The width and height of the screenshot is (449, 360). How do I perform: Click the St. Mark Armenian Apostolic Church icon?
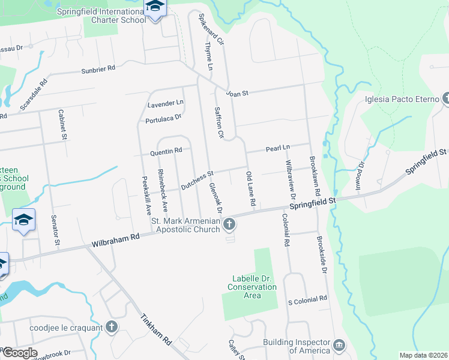(x=229, y=225)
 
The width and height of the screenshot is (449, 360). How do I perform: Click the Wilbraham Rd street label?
(x=115, y=241)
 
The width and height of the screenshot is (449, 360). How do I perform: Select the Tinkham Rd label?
(x=157, y=329)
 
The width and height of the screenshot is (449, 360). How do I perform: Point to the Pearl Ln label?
(x=278, y=148)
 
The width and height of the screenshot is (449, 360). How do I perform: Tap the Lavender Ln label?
(x=165, y=104)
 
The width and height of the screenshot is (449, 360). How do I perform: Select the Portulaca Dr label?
(x=163, y=119)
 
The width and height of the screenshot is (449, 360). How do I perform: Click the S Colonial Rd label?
(x=307, y=298)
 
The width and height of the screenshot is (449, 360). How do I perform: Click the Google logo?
(x=19, y=353)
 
